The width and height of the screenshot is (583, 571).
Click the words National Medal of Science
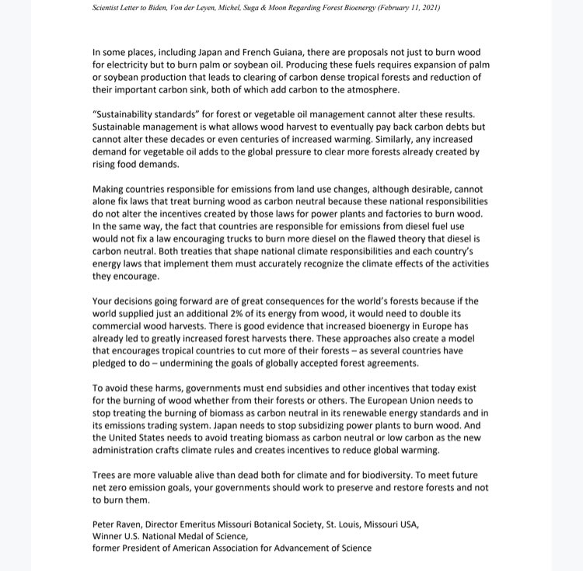[198, 536]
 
